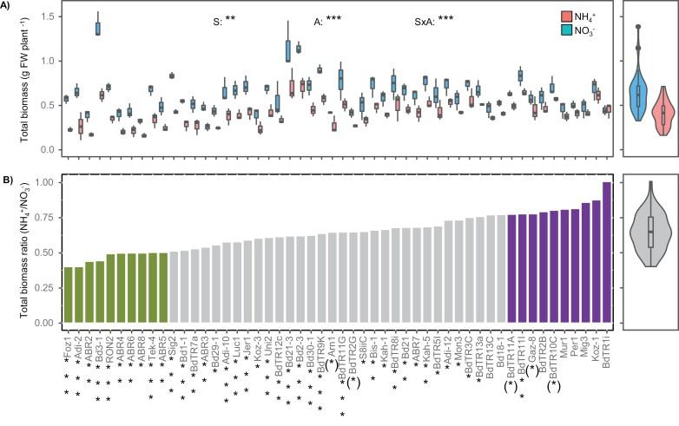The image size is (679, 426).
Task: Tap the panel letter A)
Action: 8,6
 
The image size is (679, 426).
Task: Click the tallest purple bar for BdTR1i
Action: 606,252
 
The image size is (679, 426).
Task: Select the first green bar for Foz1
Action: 69,295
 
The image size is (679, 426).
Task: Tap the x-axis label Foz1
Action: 69,339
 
